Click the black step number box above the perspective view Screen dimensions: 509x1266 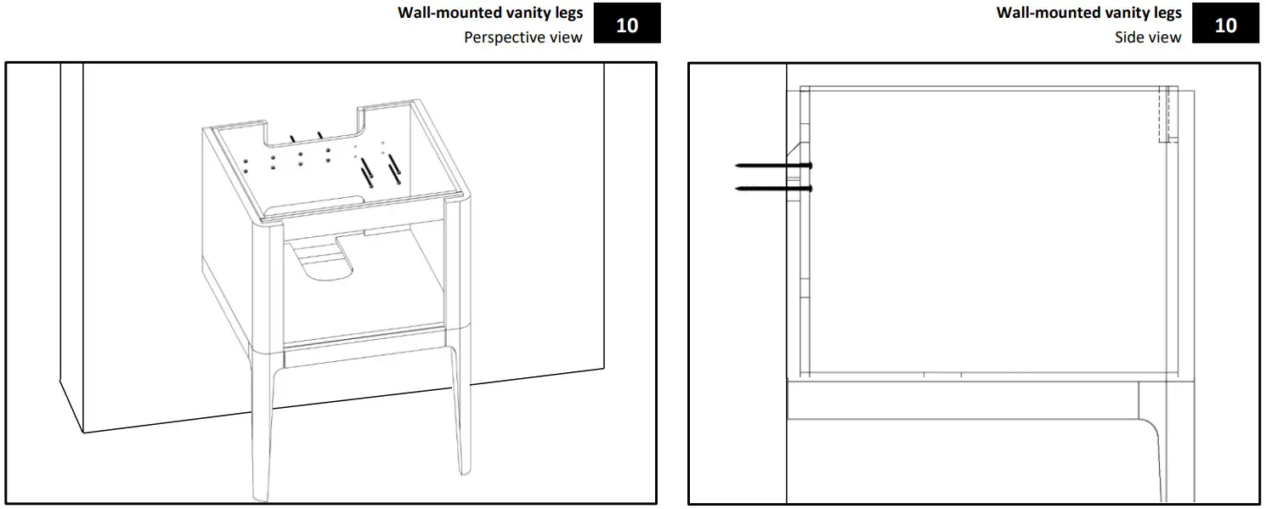tap(627, 25)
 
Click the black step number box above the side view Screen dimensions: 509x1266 tap(1226, 25)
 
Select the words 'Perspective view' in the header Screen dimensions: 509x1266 tap(523, 37)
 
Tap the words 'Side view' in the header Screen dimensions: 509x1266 tap(1148, 37)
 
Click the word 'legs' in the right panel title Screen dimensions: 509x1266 tap(1165, 13)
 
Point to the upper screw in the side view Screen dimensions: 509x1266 tap(773, 165)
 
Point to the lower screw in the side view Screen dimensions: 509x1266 tap(773, 188)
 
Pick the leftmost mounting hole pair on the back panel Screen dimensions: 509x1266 tap(245, 164)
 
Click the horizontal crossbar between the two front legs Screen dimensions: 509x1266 tap(365, 354)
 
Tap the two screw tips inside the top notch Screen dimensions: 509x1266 tap(305, 136)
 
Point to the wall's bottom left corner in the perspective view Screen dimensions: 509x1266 tap(83, 433)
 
